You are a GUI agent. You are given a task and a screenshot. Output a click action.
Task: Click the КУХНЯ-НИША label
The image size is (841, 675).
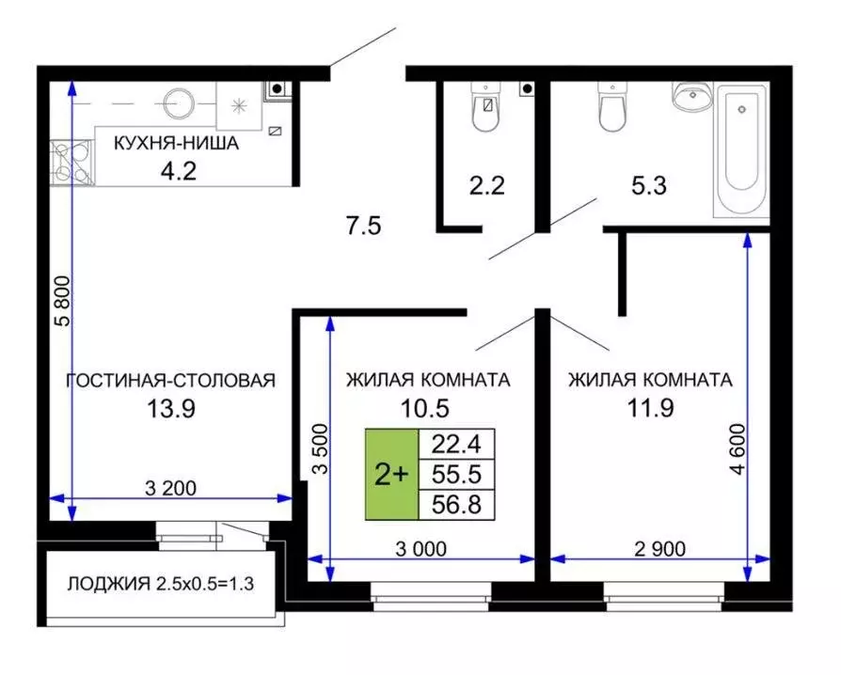pyautogui.click(x=176, y=144)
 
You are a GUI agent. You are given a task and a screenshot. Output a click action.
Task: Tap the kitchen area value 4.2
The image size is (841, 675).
pyautogui.click(x=176, y=172)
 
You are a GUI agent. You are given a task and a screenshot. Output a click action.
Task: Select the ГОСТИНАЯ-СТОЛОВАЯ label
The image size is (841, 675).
pyautogui.click(x=170, y=380)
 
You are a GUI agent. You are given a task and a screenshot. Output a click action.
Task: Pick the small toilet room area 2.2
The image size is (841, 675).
pyautogui.click(x=487, y=184)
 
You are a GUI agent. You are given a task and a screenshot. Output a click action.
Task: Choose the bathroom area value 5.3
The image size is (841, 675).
pyautogui.click(x=648, y=185)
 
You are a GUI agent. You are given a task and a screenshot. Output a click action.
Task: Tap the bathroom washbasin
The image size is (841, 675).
pyautogui.click(x=693, y=97)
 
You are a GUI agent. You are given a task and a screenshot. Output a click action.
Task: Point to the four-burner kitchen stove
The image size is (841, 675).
pyautogui.click(x=71, y=161)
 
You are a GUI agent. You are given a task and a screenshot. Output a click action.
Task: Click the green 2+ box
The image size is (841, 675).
pyautogui.click(x=391, y=475)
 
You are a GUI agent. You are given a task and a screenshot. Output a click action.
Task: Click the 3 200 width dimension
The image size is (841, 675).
pyautogui.click(x=174, y=488)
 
